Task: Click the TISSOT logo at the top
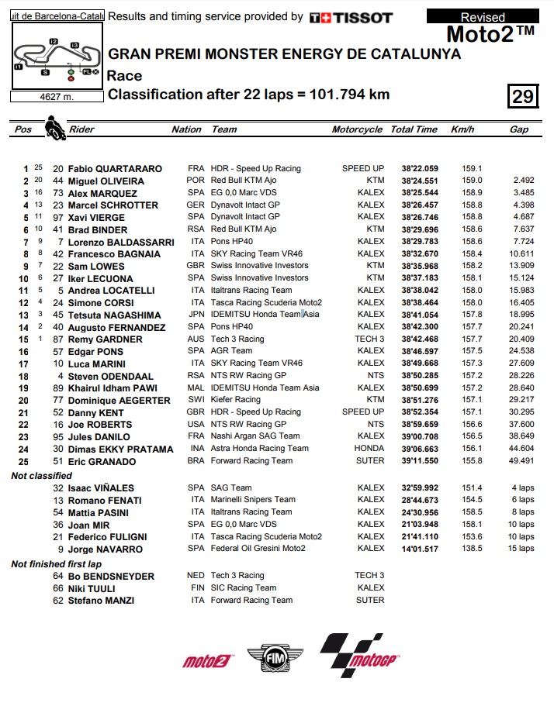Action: coord(351,17)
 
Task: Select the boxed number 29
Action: coord(523,95)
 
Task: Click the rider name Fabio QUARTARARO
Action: coord(115,168)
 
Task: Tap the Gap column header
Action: coord(519,129)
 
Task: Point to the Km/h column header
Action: coord(462,129)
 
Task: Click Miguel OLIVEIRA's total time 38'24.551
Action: coord(420,181)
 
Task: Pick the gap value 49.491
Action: coord(519,461)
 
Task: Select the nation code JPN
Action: coord(196,315)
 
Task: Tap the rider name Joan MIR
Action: coord(88,524)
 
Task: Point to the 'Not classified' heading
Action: coord(41,475)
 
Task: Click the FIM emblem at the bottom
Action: coord(276,659)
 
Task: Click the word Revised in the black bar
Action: coord(483,17)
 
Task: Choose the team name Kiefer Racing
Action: coord(237,400)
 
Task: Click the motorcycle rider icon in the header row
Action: coord(54,127)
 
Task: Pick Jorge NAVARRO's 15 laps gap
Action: coord(521,549)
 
